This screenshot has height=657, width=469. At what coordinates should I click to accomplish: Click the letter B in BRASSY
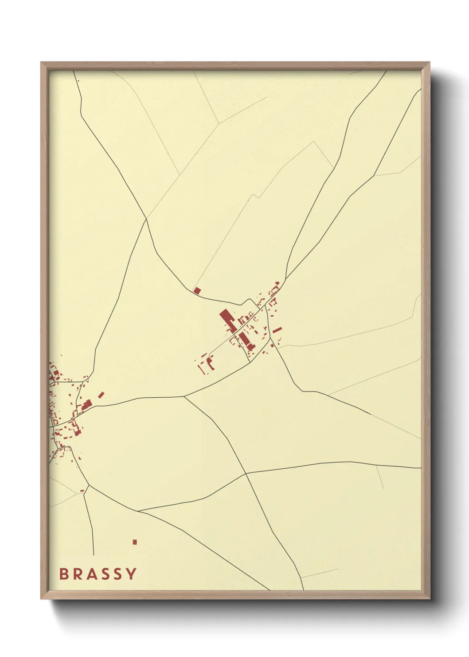[x=63, y=574]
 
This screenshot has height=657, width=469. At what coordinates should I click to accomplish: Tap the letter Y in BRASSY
[x=131, y=574]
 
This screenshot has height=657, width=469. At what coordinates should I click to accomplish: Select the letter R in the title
[x=79, y=574]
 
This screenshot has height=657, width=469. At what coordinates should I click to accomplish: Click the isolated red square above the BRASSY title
[x=135, y=542]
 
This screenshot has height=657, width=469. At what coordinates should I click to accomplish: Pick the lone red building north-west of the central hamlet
[x=197, y=290]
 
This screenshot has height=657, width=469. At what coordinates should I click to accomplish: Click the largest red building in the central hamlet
[x=227, y=321]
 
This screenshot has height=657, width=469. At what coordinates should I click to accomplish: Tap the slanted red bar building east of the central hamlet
[x=277, y=330]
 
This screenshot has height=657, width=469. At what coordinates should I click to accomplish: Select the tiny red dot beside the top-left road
[x=78, y=80]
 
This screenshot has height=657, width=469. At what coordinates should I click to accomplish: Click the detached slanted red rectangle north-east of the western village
[x=101, y=395]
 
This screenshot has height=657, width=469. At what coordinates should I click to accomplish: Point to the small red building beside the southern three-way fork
[x=82, y=491]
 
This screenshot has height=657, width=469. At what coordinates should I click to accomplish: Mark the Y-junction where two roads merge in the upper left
[x=146, y=218]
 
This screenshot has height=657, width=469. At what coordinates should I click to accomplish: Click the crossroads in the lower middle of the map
[x=246, y=474]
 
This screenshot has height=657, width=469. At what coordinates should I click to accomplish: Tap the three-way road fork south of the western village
[x=89, y=485]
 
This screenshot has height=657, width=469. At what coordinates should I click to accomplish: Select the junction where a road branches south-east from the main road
[x=184, y=396]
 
